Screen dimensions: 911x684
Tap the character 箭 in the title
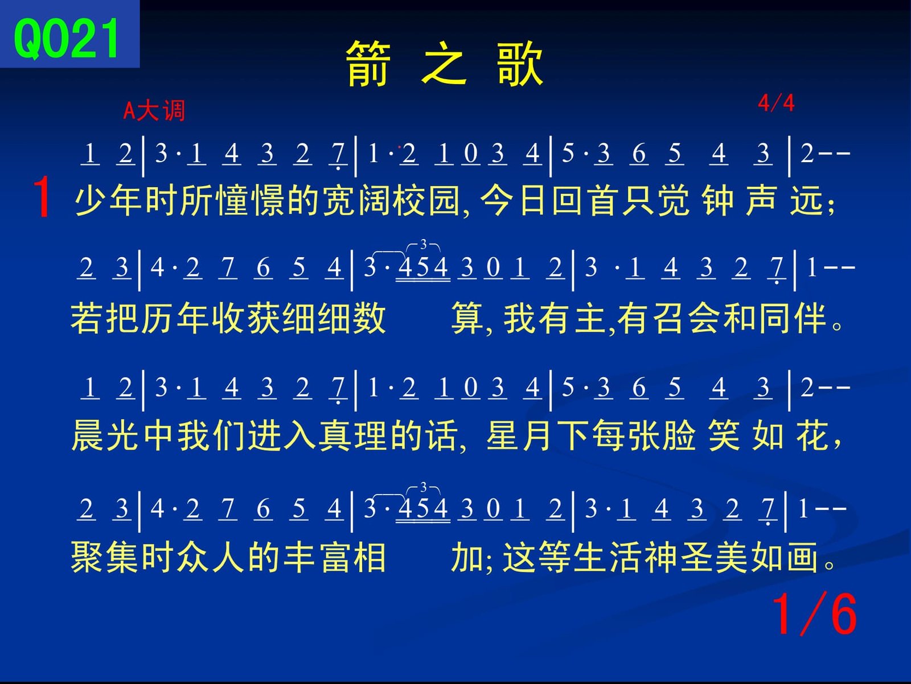[368, 64]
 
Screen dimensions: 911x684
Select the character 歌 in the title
[520, 64]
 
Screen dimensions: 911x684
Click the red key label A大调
[154, 111]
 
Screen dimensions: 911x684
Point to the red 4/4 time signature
[776, 103]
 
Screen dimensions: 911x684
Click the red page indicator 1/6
[814, 615]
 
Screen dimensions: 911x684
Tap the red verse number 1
[42, 197]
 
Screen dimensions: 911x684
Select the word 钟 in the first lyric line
[718, 201]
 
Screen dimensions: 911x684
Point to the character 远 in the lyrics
[806, 201]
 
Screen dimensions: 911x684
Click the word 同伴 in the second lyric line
[793, 319]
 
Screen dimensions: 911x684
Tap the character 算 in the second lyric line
[466, 319]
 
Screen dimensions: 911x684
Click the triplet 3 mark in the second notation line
[423, 244]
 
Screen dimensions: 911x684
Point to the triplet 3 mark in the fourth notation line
[423, 487]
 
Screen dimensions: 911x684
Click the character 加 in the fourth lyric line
[466, 557]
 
